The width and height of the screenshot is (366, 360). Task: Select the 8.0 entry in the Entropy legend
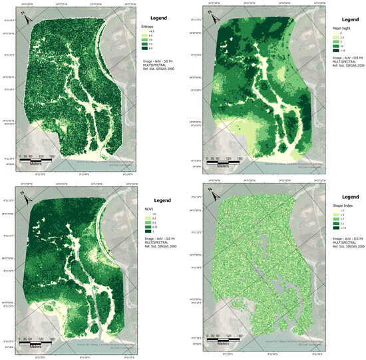click(152, 49)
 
